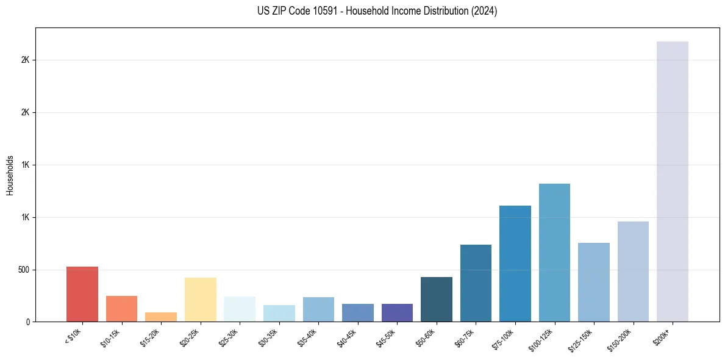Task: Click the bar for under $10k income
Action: pyautogui.click(x=82, y=294)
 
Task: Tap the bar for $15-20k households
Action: pyautogui.click(x=161, y=317)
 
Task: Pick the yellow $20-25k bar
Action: pyautogui.click(x=200, y=300)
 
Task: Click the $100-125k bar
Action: pyautogui.click(x=554, y=253)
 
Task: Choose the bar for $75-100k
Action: pyautogui.click(x=515, y=264)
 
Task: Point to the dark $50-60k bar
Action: pyautogui.click(x=436, y=299)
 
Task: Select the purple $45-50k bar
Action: pyautogui.click(x=397, y=312)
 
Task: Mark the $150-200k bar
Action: pyautogui.click(x=633, y=272)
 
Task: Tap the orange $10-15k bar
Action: pyautogui.click(x=121, y=309)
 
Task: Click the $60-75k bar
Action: pyautogui.click(x=476, y=283)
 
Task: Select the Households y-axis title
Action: pyautogui.click(x=10, y=175)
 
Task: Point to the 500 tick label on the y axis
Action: pyautogui.click(x=24, y=270)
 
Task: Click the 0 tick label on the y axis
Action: pyautogui.click(x=28, y=322)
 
